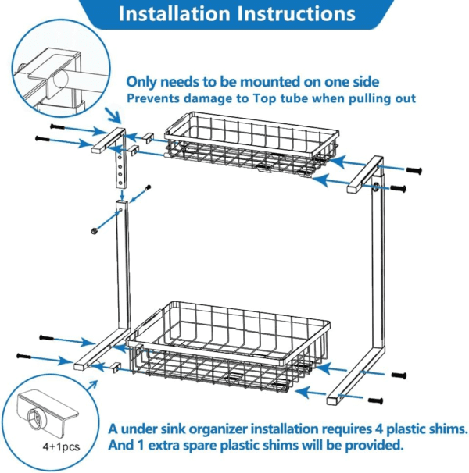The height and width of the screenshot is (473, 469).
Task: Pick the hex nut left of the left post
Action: point(94,230)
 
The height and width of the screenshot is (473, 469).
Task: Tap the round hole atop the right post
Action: point(376,186)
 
